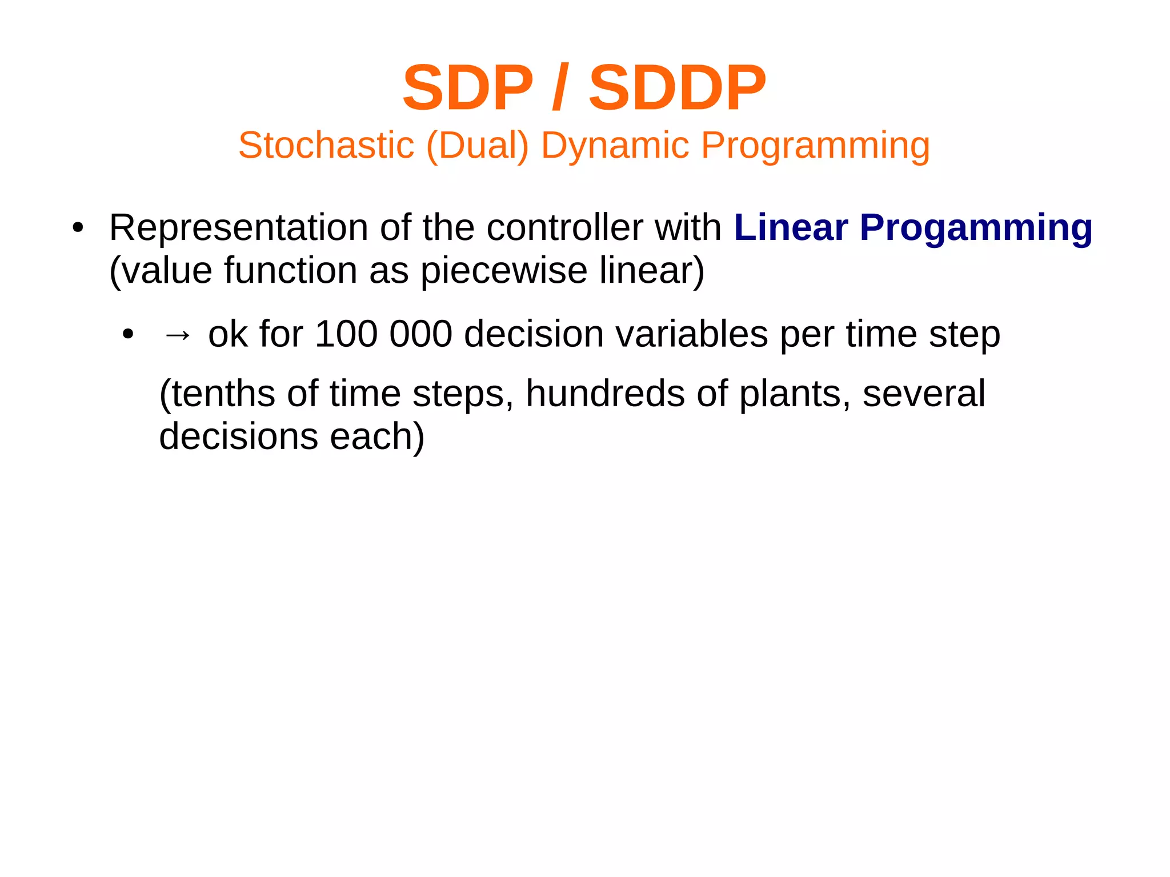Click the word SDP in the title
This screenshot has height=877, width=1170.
point(467,89)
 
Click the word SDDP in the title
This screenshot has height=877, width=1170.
point(677,89)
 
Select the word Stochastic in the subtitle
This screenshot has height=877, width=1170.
point(326,145)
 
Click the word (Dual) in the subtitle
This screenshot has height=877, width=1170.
point(478,145)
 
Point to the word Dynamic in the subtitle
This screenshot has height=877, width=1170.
point(615,145)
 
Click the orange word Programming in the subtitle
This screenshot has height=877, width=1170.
point(815,145)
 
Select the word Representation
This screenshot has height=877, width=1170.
point(238,228)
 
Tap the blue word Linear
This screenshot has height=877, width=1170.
point(791,228)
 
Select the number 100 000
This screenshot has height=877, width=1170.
point(383,334)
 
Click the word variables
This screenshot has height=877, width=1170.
point(691,334)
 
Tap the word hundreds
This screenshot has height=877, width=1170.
point(604,394)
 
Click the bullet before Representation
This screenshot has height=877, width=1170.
point(78,228)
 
